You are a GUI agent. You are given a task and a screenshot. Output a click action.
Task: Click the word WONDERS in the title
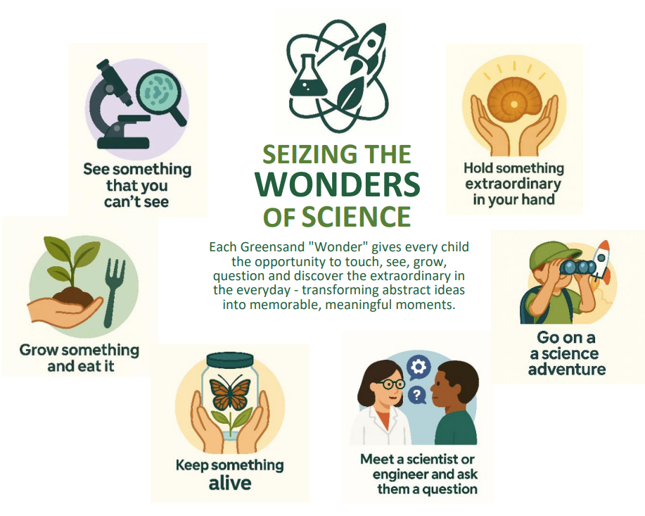(338, 184)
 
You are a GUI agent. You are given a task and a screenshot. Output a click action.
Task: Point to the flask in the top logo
(305, 77)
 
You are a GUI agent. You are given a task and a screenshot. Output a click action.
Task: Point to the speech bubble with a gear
(420, 367)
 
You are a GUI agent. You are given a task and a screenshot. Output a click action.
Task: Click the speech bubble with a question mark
(417, 396)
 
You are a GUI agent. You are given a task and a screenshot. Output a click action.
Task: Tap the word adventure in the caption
(567, 369)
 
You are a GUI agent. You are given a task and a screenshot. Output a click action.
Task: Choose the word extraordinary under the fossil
(513, 184)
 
